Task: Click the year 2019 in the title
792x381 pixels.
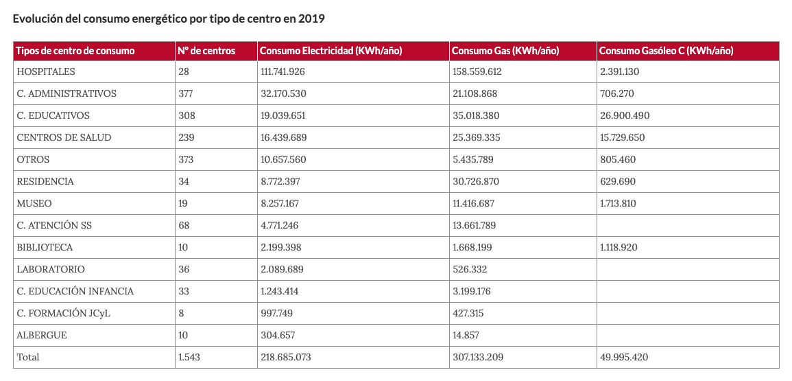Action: pyautogui.click(x=311, y=19)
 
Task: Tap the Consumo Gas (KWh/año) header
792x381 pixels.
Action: pyautogui.click(x=505, y=51)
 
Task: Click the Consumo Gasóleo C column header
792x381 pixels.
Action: pyautogui.click(x=665, y=51)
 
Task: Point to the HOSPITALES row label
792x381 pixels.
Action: pyautogui.click(x=46, y=72)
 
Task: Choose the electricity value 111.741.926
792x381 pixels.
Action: pyautogui.click(x=283, y=72)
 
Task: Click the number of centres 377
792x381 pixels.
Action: pyautogui.click(x=186, y=93)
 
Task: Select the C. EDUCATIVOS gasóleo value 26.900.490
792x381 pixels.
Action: pyautogui.click(x=624, y=116)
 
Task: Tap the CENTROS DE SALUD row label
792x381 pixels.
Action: pyautogui.click(x=64, y=137)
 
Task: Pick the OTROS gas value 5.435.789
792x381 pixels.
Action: pyautogui.click(x=472, y=160)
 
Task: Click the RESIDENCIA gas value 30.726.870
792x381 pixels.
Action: pyautogui.click(x=475, y=182)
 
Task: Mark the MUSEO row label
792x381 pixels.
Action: pyautogui.click(x=34, y=203)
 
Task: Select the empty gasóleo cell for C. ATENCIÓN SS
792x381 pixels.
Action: pyautogui.click(x=688, y=226)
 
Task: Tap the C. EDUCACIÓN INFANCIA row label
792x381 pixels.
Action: pyautogui.click(x=75, y=292)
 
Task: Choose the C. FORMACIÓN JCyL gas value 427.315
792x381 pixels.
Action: pyautogui.click(x=468, y=313)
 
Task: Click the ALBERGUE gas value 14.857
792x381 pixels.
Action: pyautogui.click(x=465, y=335)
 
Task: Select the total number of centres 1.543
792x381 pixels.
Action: pyautogui.click(x=189, y=357)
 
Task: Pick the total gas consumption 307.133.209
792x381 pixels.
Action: pyautogui.click(x=477, y=357)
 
